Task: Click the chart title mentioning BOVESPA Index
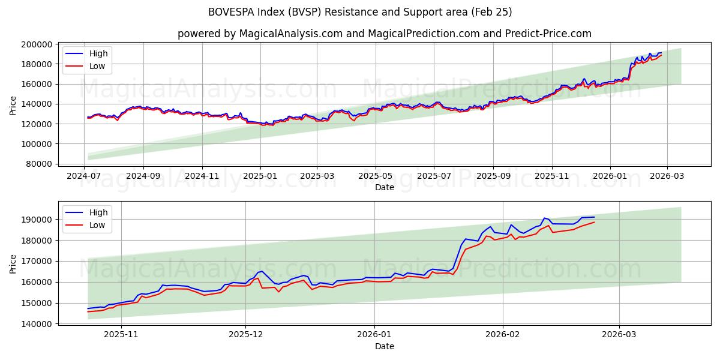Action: [x=360, y=12]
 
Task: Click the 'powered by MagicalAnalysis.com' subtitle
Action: [x=384, y=34]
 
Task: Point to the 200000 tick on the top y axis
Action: [x=36, y=44]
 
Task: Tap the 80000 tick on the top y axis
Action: [x=38, y=164]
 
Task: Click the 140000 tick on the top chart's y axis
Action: [x=36, y=104]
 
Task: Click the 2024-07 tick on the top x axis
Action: [x=85, y=176]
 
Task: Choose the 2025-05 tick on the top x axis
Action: [x=376, y=176]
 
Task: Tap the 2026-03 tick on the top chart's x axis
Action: [x=668, y=176]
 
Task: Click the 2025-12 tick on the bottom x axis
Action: [x=246, y=335]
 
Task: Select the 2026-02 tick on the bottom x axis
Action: [x=502, y=335]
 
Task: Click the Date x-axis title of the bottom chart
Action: [x=385, y=346]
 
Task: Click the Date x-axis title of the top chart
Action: [x=385, y=187]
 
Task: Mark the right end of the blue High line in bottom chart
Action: [x=594, y=217]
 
